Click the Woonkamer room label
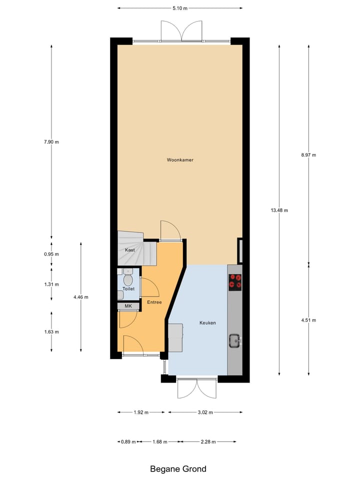tap(180, 160)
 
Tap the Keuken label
tap(207, 323)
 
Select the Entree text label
tap(154, 302)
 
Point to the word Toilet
tap(128, 289)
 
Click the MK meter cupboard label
tap(128, 306)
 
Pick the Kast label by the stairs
tap(130, 249)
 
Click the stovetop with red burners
tap(235, 282)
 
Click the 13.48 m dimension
tap(279, 210)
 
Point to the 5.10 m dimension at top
tap(179, 8)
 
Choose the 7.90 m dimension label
tap(51, 142)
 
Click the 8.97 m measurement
tap(308, 155)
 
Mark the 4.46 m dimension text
tap(80, 297)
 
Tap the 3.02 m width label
tap(205, 412)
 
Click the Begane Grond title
tap(178, 469)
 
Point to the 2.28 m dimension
tap(208, 442)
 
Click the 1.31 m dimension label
tap(51, 284)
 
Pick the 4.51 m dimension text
tap(308, 320)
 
